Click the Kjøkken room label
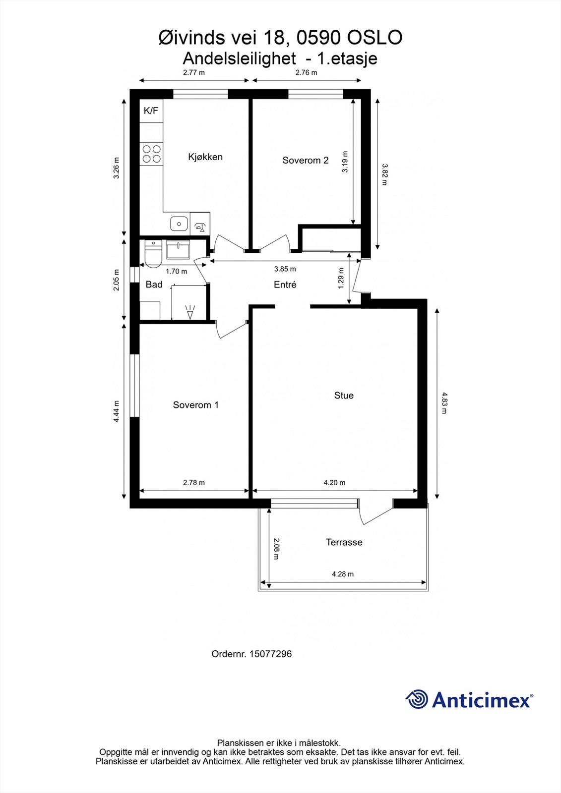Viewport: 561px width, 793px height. point(205,157)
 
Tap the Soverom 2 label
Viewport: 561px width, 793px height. point(305,161)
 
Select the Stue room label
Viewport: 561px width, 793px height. point(344,396)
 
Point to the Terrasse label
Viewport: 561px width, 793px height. point(344,542)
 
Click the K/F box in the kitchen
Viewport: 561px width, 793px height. point(151,111)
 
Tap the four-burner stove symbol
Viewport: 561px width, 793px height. point(151,153)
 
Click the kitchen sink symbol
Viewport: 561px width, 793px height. point(178,224)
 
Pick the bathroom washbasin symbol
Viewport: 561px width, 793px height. point(178,250)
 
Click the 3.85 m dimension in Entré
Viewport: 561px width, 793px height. point(285,269)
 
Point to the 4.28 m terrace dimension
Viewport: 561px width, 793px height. point(343,574)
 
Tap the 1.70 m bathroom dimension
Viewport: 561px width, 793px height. point(176,272)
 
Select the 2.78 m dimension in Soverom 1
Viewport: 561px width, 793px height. point(193,483)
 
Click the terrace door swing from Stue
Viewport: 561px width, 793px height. point(374,513)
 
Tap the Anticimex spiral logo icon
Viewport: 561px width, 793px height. point(417,699)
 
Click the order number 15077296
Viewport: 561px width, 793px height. point(270,654)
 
